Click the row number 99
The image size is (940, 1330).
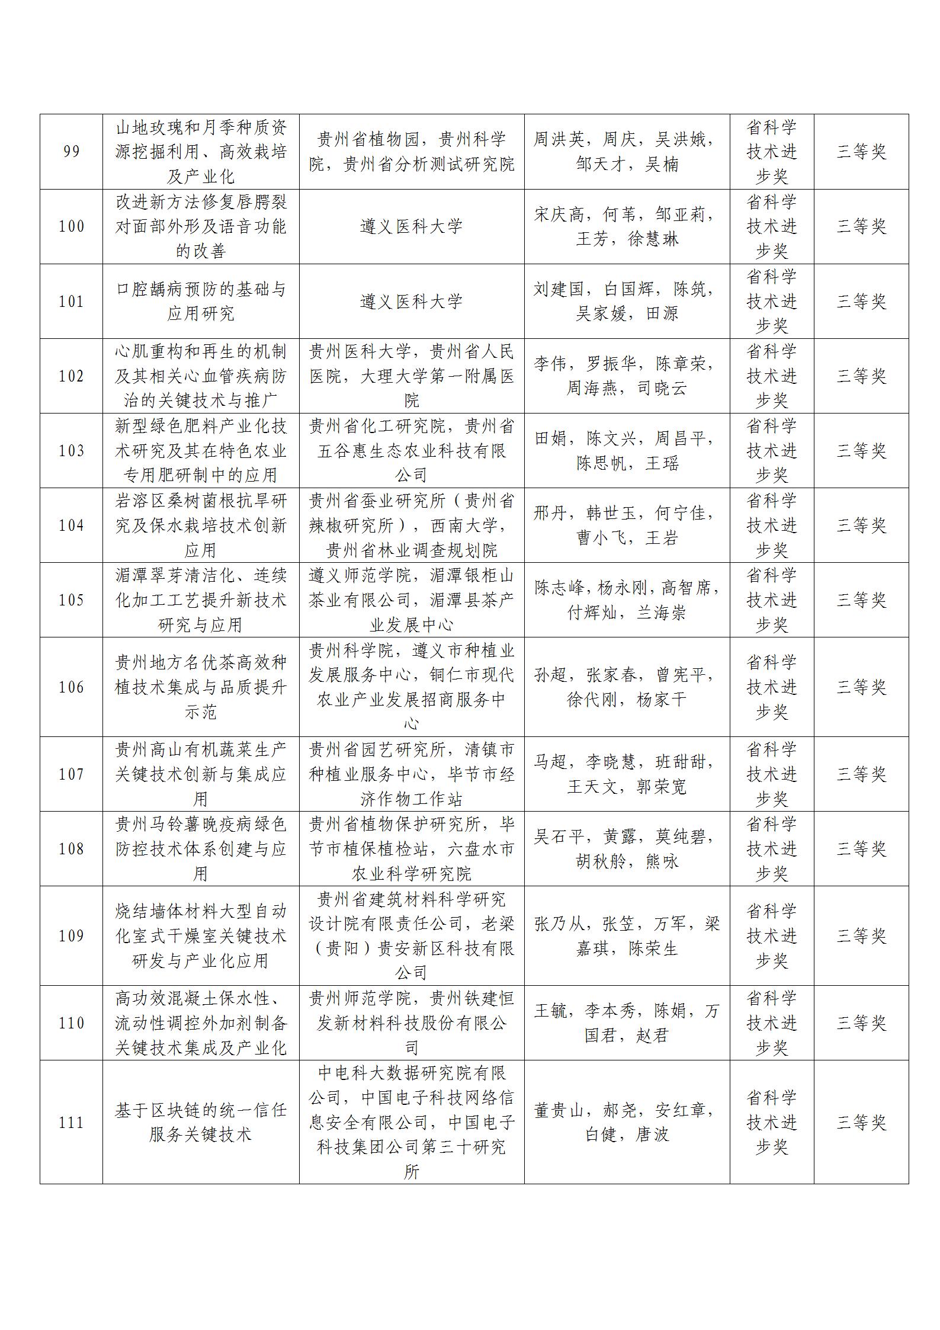[x=71, y=152]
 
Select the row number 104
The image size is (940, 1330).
[x=71, y=525]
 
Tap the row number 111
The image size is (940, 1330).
[x=71, y=1123]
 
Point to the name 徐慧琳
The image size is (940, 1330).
[x=653, y=239]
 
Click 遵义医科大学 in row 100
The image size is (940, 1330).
[x=411, y=226]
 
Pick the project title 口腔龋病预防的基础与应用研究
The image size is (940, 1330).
[x=200, y=302]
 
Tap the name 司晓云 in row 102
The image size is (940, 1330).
[x=662, y=389]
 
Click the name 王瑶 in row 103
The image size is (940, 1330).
[x=662, y=463]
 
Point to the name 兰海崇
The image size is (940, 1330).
[x=662, y=613]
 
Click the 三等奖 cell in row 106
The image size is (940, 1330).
[x=861, y=687]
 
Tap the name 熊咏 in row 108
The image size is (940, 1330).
[x=662, y=861]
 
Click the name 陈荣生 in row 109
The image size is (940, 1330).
[x=653, y=948]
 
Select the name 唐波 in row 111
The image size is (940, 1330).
[x=652, y=1134]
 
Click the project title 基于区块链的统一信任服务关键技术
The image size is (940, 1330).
[x=200, y=1123]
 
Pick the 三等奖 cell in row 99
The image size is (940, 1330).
[x=861, y=152]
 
